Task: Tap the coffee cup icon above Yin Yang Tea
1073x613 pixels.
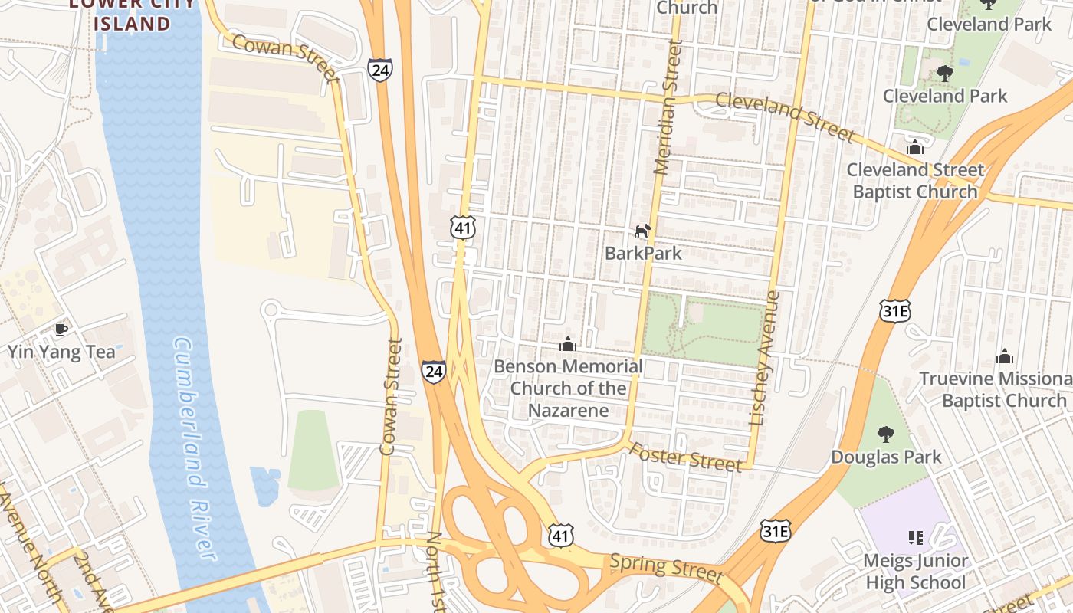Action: (61, 330)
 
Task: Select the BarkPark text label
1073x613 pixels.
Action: (643, 253)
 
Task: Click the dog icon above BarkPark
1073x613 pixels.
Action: (642, 231)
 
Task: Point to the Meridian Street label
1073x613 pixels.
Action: (668, 108)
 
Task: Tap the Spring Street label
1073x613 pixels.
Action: (666, 568)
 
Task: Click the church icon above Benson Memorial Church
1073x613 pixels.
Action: (568, 344)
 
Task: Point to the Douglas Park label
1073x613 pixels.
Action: (887, 457)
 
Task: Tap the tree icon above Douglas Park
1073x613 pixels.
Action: (886, 434)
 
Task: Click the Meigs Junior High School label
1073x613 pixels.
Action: (915, 572)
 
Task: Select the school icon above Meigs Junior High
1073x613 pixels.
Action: (915, 538)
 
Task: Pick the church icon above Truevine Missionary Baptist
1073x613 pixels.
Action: (1005, 356)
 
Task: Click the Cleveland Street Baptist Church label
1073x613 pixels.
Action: (915, 181)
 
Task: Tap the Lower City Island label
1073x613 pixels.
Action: (132, 14)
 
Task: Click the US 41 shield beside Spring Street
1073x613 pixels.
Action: (561, 536)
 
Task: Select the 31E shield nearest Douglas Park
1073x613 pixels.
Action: (775, 531)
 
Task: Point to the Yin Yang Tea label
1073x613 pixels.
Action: (61, 352)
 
